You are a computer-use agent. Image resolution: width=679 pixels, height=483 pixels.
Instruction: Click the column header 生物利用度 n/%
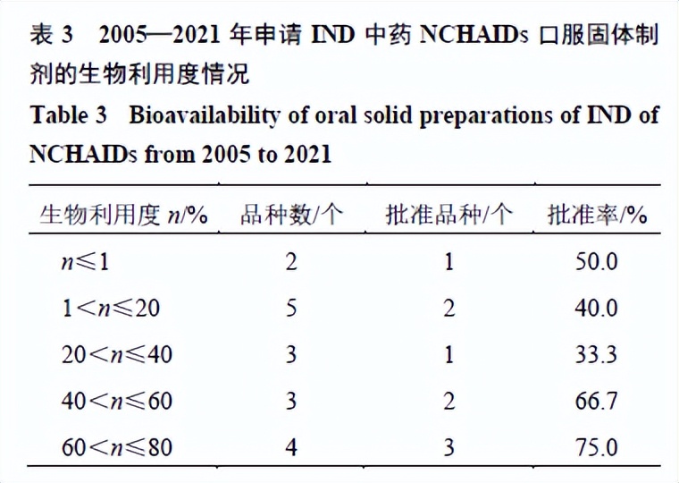click(124, 215)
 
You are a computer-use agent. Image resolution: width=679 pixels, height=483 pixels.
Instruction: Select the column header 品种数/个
click(291, 215)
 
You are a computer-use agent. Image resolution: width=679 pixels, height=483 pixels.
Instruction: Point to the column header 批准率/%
click(597, 215)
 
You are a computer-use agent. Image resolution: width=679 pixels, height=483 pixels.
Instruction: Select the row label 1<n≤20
click(113, 308)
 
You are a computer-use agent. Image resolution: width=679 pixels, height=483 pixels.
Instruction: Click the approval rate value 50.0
click(597, 261)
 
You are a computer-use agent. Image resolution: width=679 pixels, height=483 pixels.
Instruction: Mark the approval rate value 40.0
click(597, 308)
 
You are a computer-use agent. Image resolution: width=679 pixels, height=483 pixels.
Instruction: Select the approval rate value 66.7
click(597, 401)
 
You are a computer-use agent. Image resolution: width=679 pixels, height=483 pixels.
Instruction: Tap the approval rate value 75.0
click(597, 446)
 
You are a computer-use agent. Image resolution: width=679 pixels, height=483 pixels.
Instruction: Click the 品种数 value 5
click(290, 308)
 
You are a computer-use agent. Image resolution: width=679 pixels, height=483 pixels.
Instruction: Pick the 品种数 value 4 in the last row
click(290, 446)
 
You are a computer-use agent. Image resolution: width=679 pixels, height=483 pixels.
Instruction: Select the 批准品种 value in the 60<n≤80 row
click(448, 446)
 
